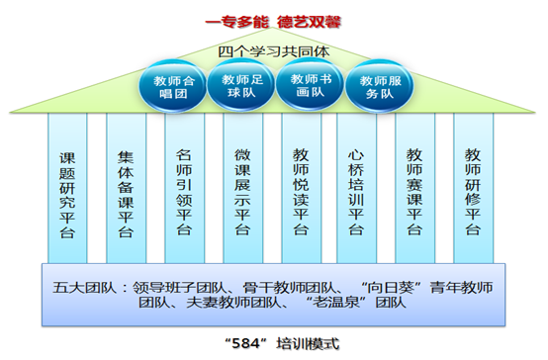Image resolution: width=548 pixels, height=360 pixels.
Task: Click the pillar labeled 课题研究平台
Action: pyautogui.click(x=68, y=192)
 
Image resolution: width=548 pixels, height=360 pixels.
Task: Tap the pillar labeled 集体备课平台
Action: pyautogui.click(x=126, y=192)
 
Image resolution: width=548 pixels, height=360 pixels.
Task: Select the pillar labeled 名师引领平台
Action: pyautogui.click(x=184, y=192)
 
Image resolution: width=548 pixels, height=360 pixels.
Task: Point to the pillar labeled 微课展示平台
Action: pyautogui.click(x=242, y=192)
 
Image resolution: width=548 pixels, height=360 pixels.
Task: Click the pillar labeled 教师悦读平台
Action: pyautogui.click(x=301, y=192)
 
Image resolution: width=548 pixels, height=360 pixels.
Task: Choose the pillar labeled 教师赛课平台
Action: pyautogui.click(x=415, y=192)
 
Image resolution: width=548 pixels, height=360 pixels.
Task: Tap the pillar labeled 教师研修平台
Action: pyautogui.click(x=474, y=192)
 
